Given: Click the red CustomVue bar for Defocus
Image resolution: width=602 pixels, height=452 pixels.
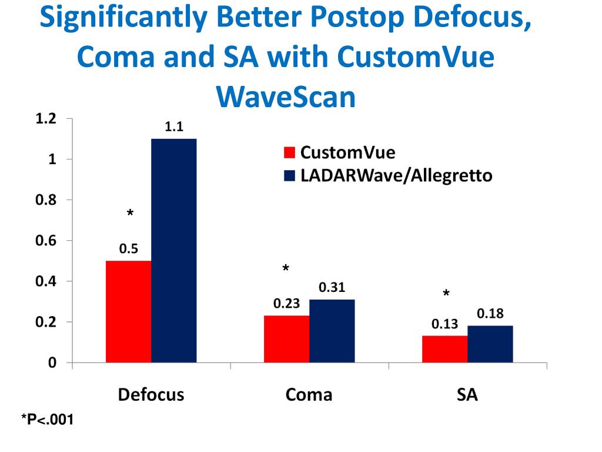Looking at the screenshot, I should (x=128, y=311).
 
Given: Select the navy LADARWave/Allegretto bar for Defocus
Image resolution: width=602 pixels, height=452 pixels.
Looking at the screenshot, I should (x=173, y=250).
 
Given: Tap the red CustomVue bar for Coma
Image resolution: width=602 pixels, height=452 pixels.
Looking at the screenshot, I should (x=286, y=339).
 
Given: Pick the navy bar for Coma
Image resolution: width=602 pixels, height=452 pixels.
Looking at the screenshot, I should (x=332, y=331).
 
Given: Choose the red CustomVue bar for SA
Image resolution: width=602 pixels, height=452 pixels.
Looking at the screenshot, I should (x=444, y=349).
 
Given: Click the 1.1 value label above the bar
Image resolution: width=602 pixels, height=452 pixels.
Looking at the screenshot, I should (x=173, y=127).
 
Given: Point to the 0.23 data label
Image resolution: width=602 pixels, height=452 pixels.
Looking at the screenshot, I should (x=286, y=304).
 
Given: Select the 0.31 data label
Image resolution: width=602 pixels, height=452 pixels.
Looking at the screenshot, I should (x=332, y=288).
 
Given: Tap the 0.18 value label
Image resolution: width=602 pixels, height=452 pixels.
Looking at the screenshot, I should (x=490, y=314).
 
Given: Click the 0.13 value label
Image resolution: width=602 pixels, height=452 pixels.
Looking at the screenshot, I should (x=444, y=324).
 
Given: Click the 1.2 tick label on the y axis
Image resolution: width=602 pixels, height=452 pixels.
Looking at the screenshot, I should (x=45, y=119).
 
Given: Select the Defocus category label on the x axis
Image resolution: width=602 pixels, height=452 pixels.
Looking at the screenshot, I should (x=151, y=394).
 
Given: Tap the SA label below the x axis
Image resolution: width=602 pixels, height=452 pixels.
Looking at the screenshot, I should (x=467, y=394).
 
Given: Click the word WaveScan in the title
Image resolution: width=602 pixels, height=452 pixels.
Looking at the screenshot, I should (x=286, y=98).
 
